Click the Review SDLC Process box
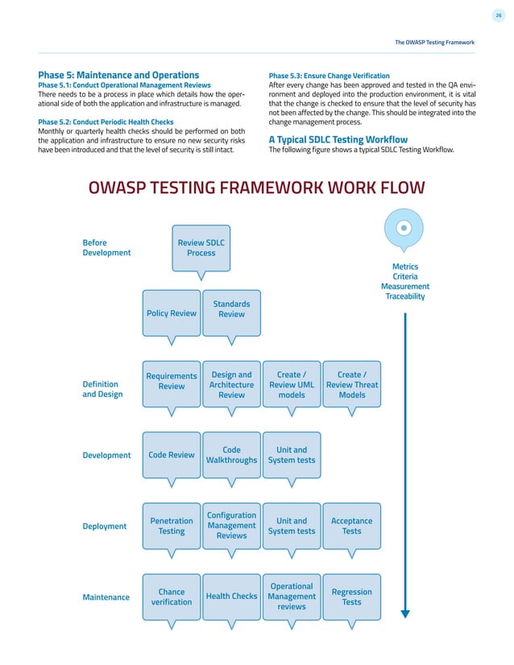tap(201, 247)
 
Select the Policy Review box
tap(172, 313)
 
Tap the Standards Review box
tap(231, 309)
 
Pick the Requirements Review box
tap(172, 381)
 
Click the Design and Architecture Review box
tap(231, 384)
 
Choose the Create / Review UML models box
tap(292, 384)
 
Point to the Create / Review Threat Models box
tap(351, 384)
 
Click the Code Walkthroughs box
tap(231, 455)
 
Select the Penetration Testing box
tap(172, 526)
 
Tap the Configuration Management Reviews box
tap(231, 525)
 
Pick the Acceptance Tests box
tap(351, 526)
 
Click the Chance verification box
tap(172, 597)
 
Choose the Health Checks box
tap(231, 597)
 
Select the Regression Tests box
tap(351, 597)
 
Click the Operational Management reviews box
tap(292, 597)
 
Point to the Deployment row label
tap(105, 526)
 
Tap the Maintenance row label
tap(106, 597)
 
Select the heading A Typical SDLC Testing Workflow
tap(338, 139)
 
